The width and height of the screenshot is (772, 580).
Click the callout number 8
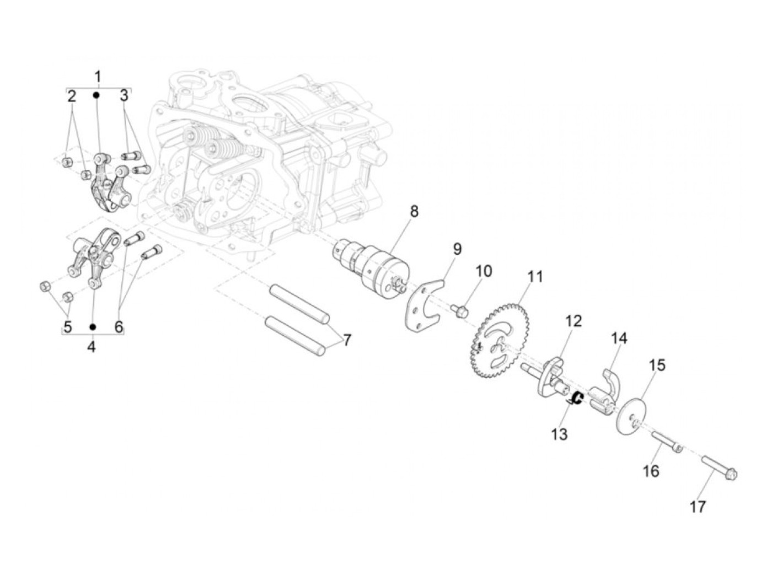coord(414,212)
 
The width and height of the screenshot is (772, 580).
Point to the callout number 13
coord(559,434)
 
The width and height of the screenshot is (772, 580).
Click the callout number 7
coord(347,340)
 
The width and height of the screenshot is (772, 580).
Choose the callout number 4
coord(91,347)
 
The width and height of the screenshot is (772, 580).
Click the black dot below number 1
coord(96,95)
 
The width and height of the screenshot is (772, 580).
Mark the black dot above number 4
coord(93,327)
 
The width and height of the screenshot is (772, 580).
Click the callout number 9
coord(457,249)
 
